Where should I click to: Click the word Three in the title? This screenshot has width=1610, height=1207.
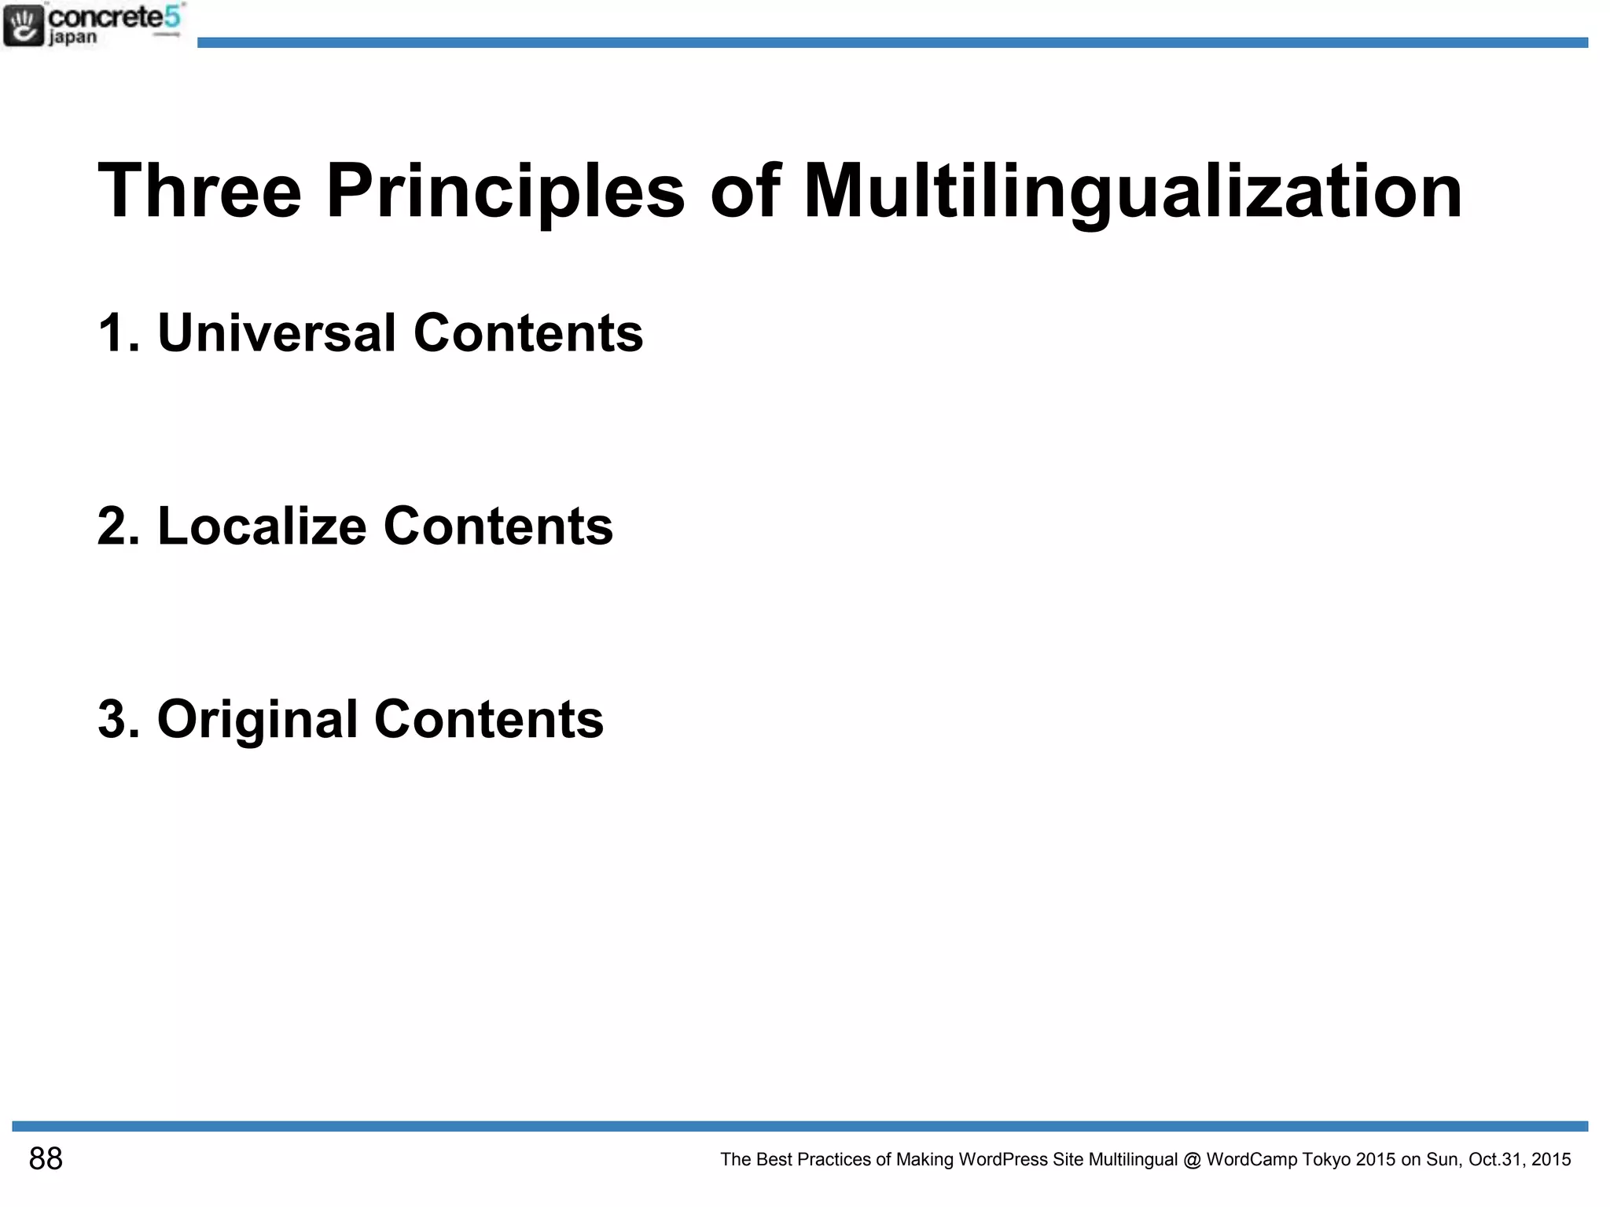tap(200, 191)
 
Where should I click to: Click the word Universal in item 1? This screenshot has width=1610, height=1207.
tap(277, 332)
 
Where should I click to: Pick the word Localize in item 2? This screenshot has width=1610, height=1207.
tap(262, 526)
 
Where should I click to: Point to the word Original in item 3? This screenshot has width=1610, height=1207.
tap(258, 720)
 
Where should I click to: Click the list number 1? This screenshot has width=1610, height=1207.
tap(112, 333)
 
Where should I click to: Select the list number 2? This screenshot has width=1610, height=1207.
tap(112, 526)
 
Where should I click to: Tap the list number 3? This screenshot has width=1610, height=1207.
tap(112, 720)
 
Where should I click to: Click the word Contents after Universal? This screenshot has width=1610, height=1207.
tap(527, 332)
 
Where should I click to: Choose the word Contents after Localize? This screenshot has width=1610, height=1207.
tap(498, 526)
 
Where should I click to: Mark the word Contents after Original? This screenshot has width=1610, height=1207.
tap(488, 719)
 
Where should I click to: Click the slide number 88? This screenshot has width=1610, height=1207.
tap(46, 1159)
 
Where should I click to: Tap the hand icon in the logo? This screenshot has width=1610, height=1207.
tap(24, 25)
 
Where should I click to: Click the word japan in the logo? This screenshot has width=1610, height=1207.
tap(72, 38)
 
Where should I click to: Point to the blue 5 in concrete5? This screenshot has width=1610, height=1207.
tap(173, 17)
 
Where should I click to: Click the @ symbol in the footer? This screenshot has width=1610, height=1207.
tap(1191, 1160)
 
